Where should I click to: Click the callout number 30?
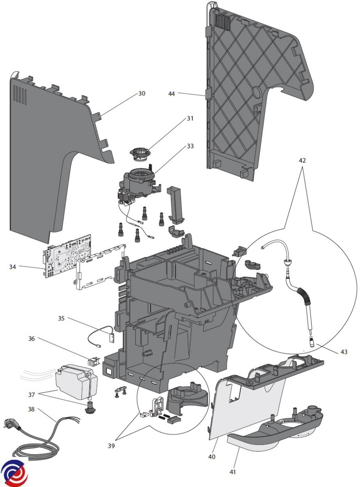tap(142, 93)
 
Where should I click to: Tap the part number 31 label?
tap(190, 119)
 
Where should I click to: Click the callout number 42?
tap(302, 160)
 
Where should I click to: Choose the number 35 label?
tap(61, 319)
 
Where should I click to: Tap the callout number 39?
tap(112, 446)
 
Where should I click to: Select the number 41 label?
tap(233, 472)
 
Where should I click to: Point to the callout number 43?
tap(344, 352)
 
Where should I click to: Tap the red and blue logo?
tap(14, 474)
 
